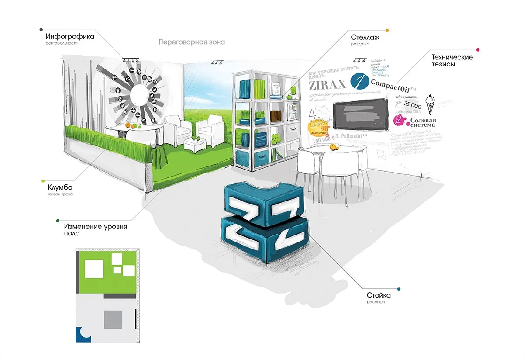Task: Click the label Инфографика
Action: point(70,37)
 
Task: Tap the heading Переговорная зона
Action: point(192,42)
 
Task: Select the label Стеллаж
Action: point(365,37)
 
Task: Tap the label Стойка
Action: point(379,296)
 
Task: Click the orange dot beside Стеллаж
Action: point(387,31)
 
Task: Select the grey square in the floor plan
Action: point(113,319)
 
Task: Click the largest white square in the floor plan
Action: point(94,269)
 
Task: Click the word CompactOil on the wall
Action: point(390,83)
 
